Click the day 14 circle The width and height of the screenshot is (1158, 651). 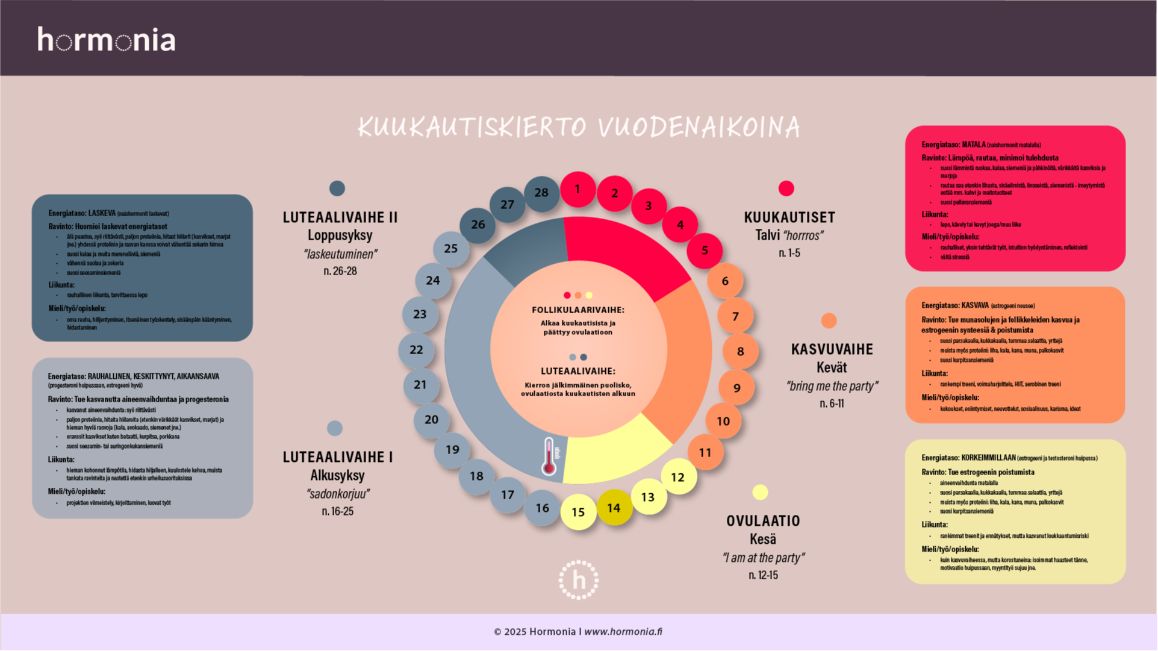(x=614, y=508)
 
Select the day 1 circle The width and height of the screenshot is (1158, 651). (x=577, y=189)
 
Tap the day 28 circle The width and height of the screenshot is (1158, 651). (x=541, y=193)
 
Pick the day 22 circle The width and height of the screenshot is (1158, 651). (x=416, y=350)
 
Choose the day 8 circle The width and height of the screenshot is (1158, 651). (x=740, y=351)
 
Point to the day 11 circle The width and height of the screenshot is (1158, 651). (x=705, y=452)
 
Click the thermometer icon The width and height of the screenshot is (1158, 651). (x=549, y=456)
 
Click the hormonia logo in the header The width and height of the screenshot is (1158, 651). (x=107, y=40)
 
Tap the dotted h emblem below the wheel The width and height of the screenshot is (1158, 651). (x=578, y=580)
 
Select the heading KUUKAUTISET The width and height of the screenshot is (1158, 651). (x=789, y=217)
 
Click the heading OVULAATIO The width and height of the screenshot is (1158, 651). (x=763, y=521)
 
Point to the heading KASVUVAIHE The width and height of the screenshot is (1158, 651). (x=832, y=349)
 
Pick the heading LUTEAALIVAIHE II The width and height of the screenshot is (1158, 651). (x=340, y=217)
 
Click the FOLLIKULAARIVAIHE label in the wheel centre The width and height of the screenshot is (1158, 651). (x=578, y=310)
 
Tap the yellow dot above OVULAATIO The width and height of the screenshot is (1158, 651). (x=760, y=493)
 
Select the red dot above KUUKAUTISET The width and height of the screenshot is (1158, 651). (x=786, y=188)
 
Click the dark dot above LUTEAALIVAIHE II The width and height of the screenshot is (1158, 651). (x=337, y=188)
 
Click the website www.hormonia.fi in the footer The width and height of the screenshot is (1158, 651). (x=623, y=632)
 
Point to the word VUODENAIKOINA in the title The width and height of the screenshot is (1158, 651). (x=699, y=127)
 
